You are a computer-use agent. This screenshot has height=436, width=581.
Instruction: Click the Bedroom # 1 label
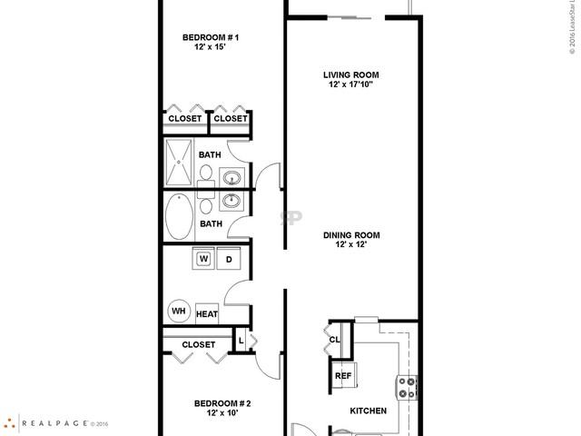click(x=210, y=37)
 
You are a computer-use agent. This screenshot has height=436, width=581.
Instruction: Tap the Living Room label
click(x=350, y=74)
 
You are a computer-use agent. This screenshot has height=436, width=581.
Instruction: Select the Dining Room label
click(x=350, y=235)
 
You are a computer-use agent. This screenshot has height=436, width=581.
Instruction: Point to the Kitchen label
click(x=369, y=411)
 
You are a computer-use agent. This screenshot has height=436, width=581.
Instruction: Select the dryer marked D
click(x=228, y=259)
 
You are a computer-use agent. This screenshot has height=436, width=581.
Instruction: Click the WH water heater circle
click(x=178, y=312)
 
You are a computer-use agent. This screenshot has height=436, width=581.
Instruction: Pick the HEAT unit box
click(x=207, y=313)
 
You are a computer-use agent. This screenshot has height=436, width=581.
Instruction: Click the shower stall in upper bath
click(x=179, y=163)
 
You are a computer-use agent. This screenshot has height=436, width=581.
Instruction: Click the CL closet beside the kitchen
click(x=334, y=341)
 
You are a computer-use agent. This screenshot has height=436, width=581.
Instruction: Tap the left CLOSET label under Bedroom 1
click(x=185, y=118)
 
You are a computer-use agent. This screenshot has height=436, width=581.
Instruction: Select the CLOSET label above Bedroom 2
click(x=198, y=344)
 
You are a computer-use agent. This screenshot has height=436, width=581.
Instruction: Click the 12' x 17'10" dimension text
click(x=350, y=85)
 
